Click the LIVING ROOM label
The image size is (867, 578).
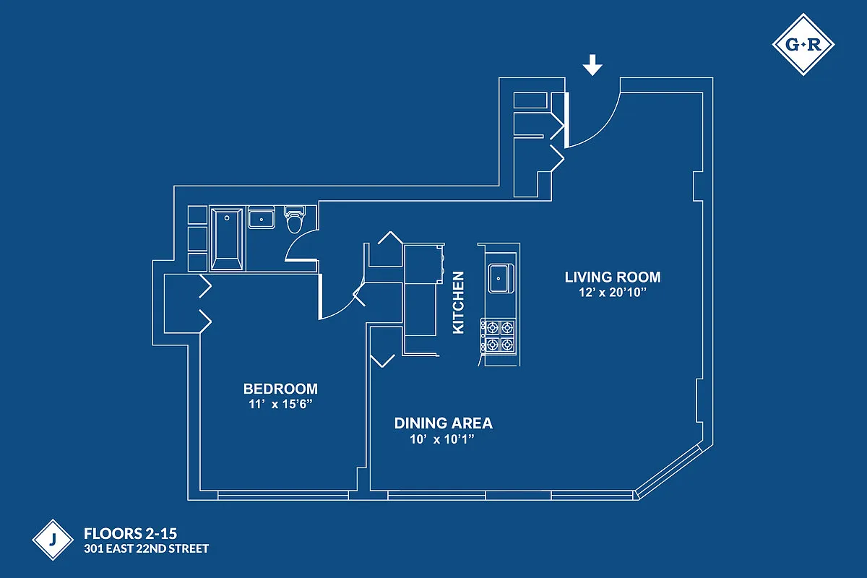pos(612,277)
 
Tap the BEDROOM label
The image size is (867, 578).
pos(280,388)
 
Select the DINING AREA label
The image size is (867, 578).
pos(443,423)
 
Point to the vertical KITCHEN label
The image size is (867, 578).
pos(458,302)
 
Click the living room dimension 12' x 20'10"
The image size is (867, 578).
pos(612,293)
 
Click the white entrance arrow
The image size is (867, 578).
pos(592,66)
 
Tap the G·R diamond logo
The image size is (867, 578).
pos(803,46)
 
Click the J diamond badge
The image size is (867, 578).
pos(54,540)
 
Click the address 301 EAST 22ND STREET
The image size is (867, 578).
pos(146,549)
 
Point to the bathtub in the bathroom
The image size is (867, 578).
pos(227,238)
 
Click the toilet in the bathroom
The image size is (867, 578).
pos(295,220)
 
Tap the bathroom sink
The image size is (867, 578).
pos(261,217)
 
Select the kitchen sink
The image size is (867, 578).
pos(501,278)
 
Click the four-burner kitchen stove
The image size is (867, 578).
pos(499,336)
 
